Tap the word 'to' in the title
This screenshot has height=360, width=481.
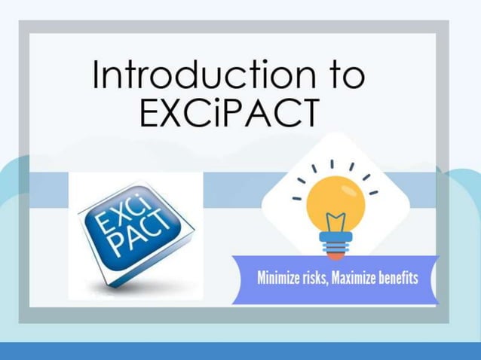(x=345, y=76)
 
